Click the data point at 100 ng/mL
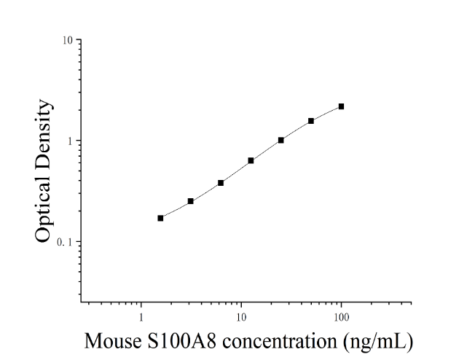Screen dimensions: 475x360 tap(341, 106)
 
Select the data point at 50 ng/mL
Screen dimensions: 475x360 tap(311, 121)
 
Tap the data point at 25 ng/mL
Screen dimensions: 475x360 tap(280, 140)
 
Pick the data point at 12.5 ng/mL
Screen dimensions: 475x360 tap(251, 160)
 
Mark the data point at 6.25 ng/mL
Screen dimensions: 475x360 tap(221, 183)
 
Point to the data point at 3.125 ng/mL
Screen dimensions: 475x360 tap(191, 201)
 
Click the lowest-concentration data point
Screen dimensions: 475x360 tap(160, 218)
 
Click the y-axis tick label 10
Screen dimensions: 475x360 tap(68, 40)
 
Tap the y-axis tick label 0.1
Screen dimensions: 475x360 tap(65, 242)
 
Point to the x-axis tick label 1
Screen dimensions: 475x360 tap(141, 317)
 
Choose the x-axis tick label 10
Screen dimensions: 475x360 tap(241, 317)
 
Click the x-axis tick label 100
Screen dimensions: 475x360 tap(342, 317)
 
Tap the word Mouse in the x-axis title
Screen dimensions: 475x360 tap(113, 341)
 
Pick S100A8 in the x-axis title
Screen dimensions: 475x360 tap(182, 341)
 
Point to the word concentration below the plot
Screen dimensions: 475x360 tap(280, 341)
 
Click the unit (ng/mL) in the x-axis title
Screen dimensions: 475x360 tap(378, 342)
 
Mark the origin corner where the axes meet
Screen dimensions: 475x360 tap(81, 302)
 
